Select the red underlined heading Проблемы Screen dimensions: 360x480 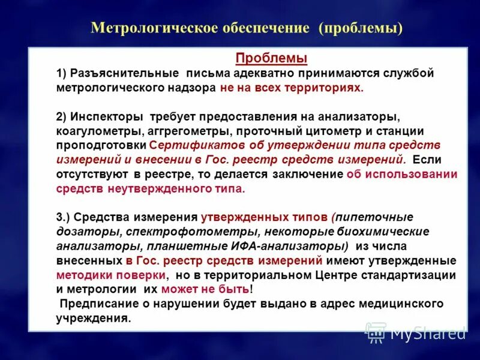(x=271, y=58)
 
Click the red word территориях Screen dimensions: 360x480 (x=328, y=88)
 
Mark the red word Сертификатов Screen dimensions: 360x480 (x=188, y=145)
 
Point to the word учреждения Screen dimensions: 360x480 (x=94, y=318)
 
